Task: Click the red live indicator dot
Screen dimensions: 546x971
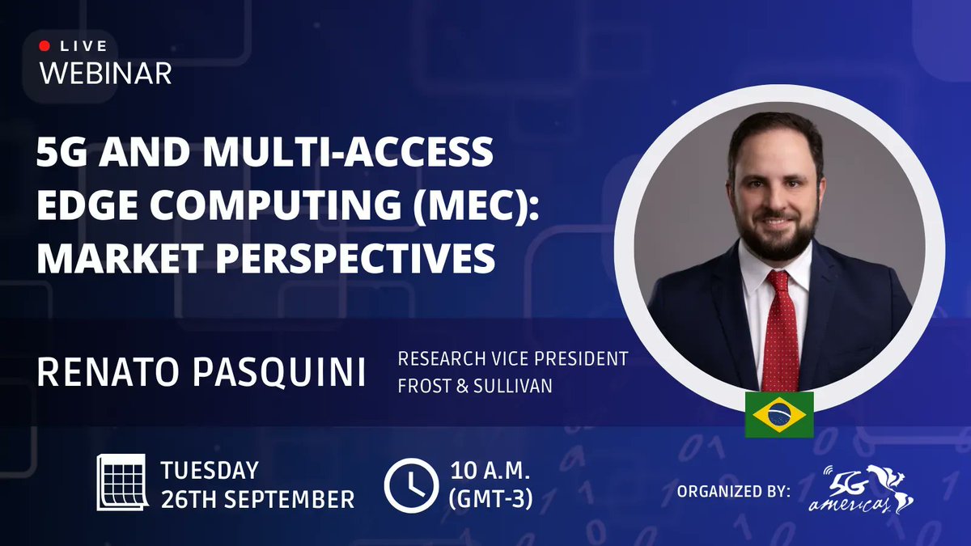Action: pos(45,47)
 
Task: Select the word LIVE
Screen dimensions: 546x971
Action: pos(83,47)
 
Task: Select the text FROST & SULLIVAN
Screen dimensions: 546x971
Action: pos(475,386)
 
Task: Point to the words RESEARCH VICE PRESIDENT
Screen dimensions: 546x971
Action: pos(512,358)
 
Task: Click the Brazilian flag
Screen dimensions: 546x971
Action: pos(779,415)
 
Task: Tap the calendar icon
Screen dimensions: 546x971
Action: pos(121,482)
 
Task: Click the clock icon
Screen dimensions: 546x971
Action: pos(411,483)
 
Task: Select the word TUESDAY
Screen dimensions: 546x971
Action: pos(210,470)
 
